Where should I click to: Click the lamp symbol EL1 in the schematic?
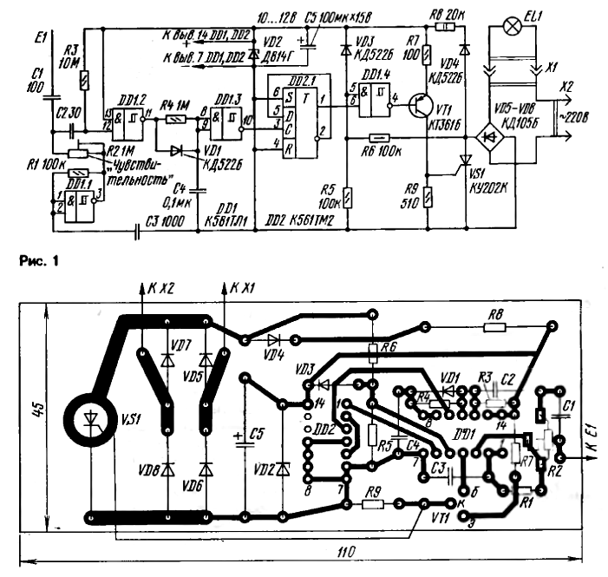[x=513, y=26]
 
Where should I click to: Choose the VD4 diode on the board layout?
[x=276, y=341]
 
